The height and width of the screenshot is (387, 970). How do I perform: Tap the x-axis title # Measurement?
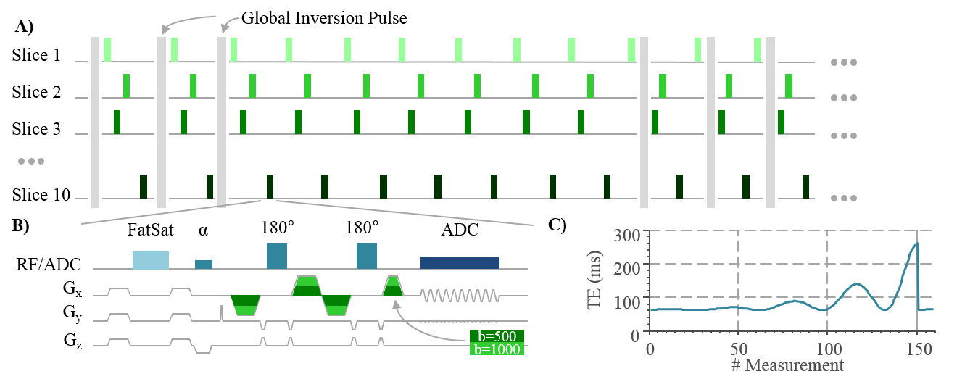pyautogui.click(x=787, y=365)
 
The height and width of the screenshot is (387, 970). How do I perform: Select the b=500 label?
pyautogui.click(x=497, y=336)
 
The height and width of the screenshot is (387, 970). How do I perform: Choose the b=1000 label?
pyautogui.click(x=497, y=349)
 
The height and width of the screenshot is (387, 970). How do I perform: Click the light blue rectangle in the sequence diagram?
pyautogui.click(x=151, y=260)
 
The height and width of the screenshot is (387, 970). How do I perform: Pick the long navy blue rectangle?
pyautogui.click(x=460, y=262)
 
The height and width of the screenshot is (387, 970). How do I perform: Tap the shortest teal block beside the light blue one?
pyautogui.click(x=204, y=265)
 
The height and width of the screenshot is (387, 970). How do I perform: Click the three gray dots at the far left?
pyautogui.click(x=31, y=161)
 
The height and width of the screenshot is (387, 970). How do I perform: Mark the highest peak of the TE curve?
pyautogui.click(x=916, y=244)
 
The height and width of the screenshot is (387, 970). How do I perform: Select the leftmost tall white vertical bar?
pyautogui.click(x=95, y=122)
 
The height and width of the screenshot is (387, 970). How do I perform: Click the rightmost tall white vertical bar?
pyautogui.click(x=771, y=122)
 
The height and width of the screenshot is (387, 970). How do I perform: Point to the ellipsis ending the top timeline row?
pyautogui.click(x=844, y=62)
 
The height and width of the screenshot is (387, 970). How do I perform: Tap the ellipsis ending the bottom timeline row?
pyautogui.click(x=844, y=198)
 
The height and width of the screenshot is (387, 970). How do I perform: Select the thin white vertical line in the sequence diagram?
pyautogui.click(x=222, y=320)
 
